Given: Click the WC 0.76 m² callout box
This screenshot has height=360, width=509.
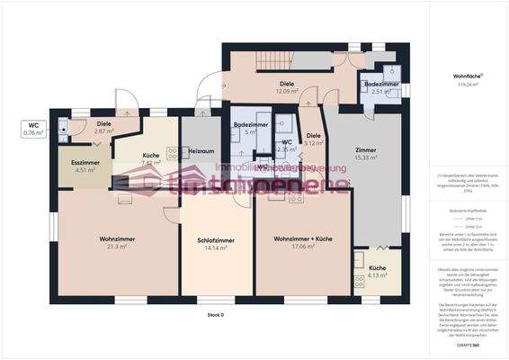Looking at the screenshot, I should pos(32,129).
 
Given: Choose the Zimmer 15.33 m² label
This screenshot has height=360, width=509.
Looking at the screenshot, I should pos(365,154).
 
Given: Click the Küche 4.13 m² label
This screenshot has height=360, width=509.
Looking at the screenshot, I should pos(377,271).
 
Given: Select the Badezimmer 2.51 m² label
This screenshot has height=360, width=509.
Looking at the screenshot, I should pos(375,87).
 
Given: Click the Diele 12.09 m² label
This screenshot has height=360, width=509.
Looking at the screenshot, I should pos(286,87).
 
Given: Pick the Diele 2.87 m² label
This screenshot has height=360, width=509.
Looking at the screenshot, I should pos(103,128).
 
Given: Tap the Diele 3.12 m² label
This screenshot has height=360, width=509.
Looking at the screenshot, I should pos(313,139).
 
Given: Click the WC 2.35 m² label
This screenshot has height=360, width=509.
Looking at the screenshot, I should pos(286,145).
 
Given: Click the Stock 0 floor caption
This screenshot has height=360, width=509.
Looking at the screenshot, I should pos(215,315).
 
